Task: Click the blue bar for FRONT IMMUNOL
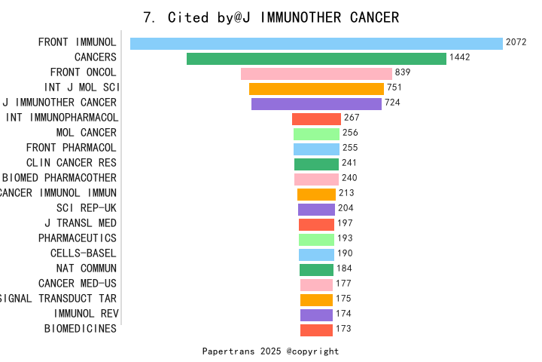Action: [316, 43]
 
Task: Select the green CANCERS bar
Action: [316, 58]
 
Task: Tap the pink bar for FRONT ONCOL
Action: [316, 73]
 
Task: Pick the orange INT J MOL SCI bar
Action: [316, 88]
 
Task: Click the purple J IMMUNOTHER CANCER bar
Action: [316, 103]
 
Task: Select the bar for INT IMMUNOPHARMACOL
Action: [316, 118]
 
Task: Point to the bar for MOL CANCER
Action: [316, 133]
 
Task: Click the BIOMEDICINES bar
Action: [316, 330]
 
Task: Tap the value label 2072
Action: [516, 42]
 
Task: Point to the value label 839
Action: [403, 72]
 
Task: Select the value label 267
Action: [352, 118]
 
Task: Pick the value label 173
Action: [344, 329]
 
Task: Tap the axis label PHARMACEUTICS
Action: [78, 238]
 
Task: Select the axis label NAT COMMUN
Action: [87, 268]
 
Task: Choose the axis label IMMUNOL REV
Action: [85, 314]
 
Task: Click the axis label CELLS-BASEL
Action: [84, 253]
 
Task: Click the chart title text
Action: [271, 17]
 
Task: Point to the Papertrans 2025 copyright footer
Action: [271, 351]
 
